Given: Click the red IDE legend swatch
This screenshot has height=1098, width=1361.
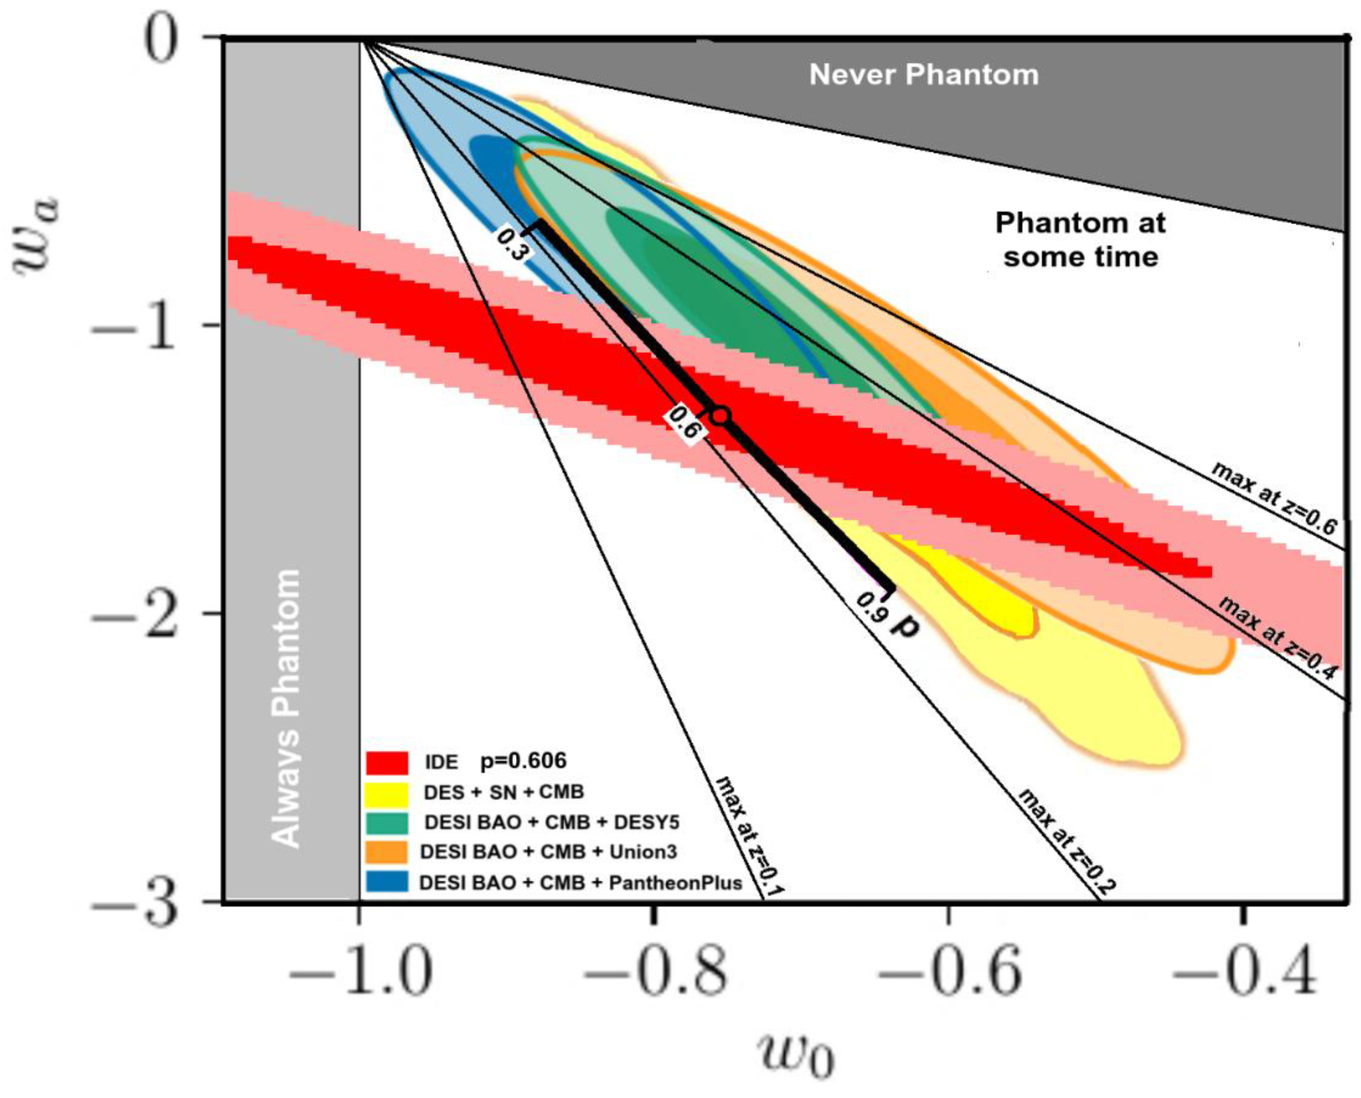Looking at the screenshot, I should (x=386, y=763).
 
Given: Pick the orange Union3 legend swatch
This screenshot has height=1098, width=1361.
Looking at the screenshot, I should (x=386, y=853).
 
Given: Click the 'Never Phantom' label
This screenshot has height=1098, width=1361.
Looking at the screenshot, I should (x=924, y=75).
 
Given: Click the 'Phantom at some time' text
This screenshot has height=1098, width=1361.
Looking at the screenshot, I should (x=1080, y=241).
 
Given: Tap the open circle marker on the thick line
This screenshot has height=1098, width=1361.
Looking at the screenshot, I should (x=721, y=416).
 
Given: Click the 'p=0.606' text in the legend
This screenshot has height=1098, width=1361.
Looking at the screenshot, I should (x=523, y=761).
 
